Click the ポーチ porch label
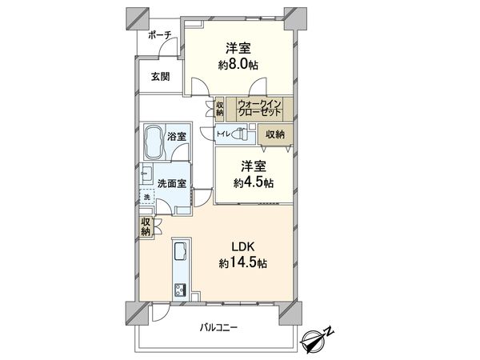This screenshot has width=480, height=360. click(x=160, y=34)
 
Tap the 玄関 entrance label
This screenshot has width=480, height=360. click(x=160, y=77)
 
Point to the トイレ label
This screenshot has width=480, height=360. click(x=223, y=134)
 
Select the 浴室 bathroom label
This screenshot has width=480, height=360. click(x=177, y=137)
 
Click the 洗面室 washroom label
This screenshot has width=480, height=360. click(x=171, y=183)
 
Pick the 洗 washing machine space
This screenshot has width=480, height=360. click(x=146, y=197)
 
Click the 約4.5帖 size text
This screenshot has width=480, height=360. click(x=253, y=183)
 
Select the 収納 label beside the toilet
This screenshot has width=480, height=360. click(x=275, y=134)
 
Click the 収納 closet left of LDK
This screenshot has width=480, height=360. click(x=146, y=226)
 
